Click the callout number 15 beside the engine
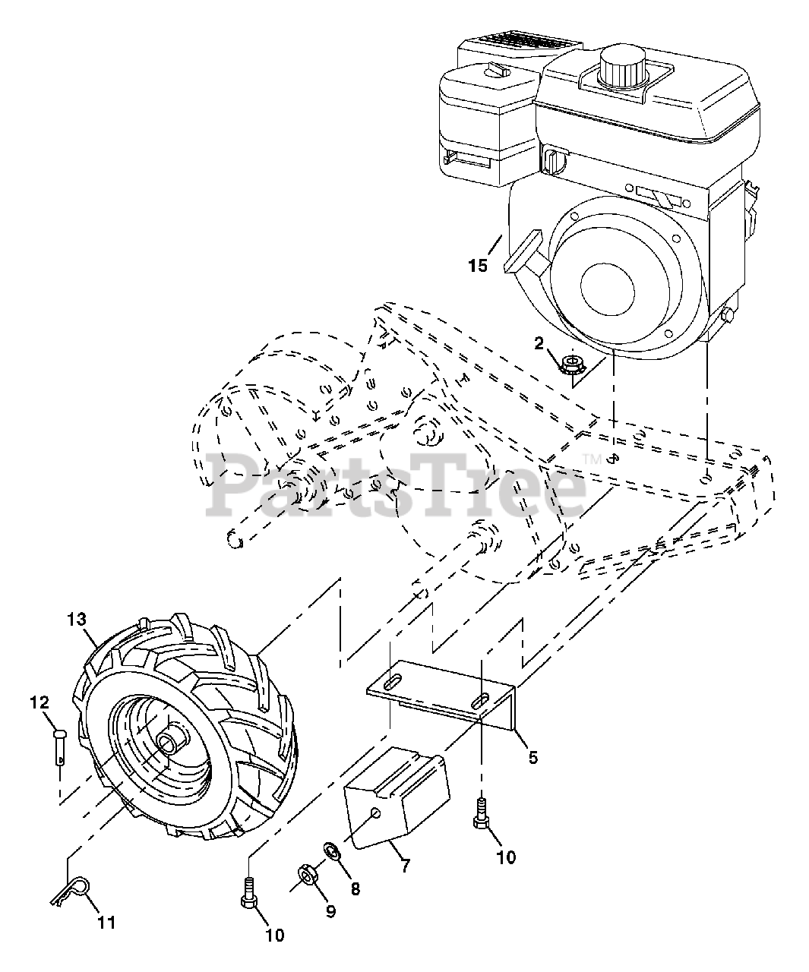click(x=478, y=267)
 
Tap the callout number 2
click(x=539, y=344)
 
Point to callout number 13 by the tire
click(x=77, y=620)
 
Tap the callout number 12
click(x=40, y=702)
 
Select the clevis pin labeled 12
click(x=60, y=747)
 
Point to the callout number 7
click(x=405, y=865)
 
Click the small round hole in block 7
click(x=375, y=813)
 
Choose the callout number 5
click(x=533, y=757)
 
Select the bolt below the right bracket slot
click(x=481, y=815)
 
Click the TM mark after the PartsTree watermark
click(x=592, y=459)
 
